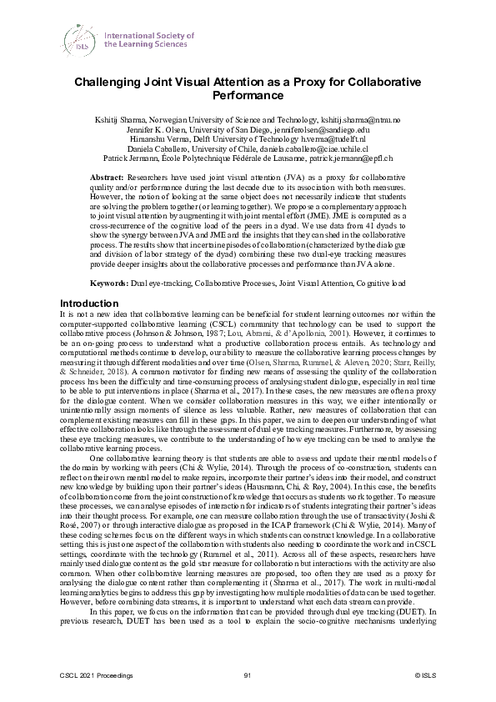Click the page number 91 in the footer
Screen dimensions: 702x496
(248, 674)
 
